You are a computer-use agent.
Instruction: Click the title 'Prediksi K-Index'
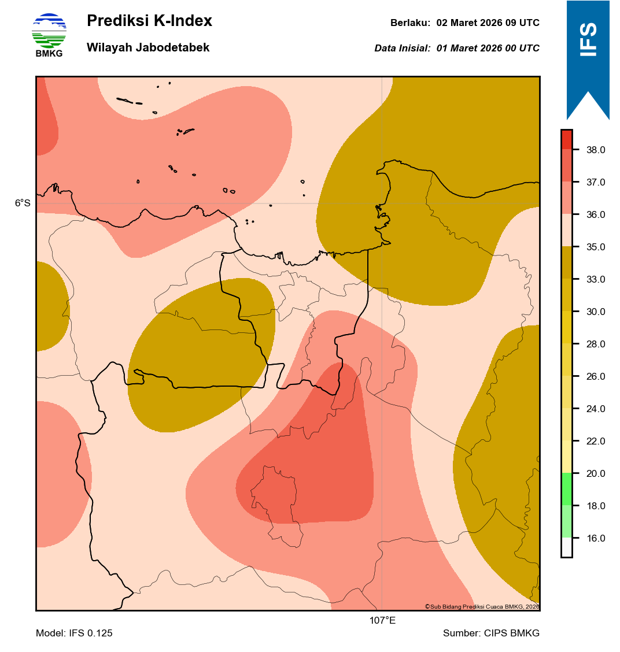[x=149, y=21]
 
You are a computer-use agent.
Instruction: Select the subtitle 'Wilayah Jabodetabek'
[x=148, y=48]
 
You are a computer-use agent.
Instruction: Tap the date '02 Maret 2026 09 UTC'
[x=488, y=23]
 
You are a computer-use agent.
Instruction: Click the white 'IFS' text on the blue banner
[x=588, y=39]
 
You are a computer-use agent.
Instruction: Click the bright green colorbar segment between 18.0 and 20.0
[x=566, y=490]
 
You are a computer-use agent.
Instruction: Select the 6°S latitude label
[x=23, y=203]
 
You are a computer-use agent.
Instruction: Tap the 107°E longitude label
[x=382, y=621]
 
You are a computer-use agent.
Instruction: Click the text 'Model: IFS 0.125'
[x=74, y=634]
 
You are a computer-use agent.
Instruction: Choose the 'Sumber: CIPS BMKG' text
[x=491, y=634]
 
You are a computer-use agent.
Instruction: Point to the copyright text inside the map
[x=482, y=606]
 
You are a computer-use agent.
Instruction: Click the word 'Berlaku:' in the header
[x=410, y=23]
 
